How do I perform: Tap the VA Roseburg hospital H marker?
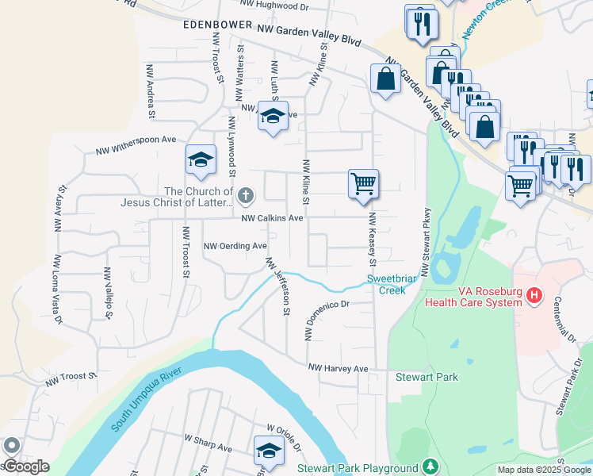click(x=535, y=296)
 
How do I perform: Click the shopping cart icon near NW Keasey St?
click(x=363, y=183)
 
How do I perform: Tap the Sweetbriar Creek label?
click(x=386, y=284)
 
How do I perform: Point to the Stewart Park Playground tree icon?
click(x=430, y=467)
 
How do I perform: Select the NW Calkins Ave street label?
click(x=272, y=218)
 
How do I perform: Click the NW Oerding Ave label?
click(x=235, y=246)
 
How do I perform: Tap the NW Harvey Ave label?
click(x=339, y=369)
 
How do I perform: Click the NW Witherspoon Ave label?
click(x=136, y=144)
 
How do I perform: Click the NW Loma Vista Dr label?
click(x=57, y=290)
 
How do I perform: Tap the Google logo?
click(x=26, y=466)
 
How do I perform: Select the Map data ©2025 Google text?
click(x=543, y=470)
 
